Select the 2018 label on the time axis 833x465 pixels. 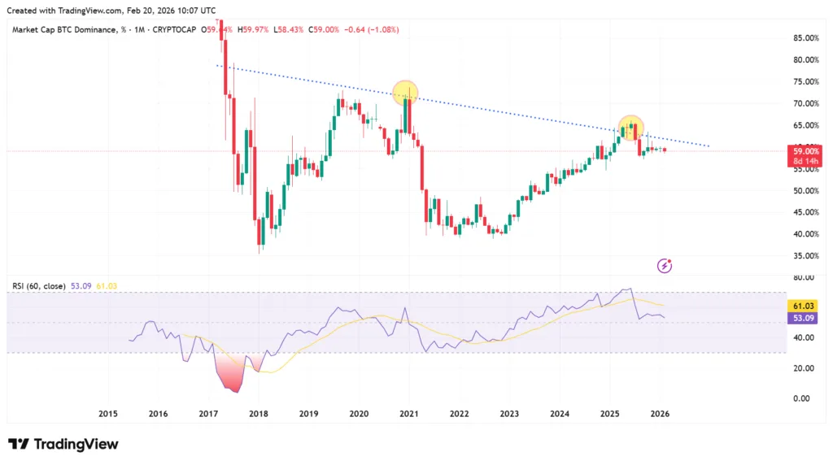[258, 414]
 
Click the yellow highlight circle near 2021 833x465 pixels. [405, 93]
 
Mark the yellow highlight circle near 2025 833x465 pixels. [631, 127]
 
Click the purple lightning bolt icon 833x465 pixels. [665, 265]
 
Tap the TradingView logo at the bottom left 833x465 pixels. [63, 444]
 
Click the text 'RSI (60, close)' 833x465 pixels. [40, 286]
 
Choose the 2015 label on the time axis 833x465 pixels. [108, 414]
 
